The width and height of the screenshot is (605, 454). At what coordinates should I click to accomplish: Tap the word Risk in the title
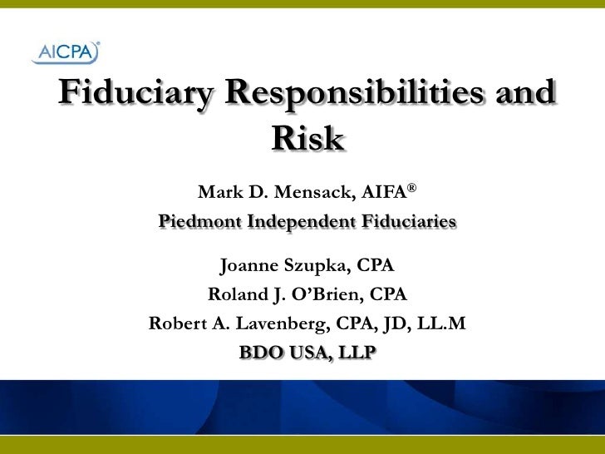306,140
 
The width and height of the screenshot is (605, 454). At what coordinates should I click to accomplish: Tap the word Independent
298,223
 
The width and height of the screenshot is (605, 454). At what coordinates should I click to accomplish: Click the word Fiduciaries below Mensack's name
408,223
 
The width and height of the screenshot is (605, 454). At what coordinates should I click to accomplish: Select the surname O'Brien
325,294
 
